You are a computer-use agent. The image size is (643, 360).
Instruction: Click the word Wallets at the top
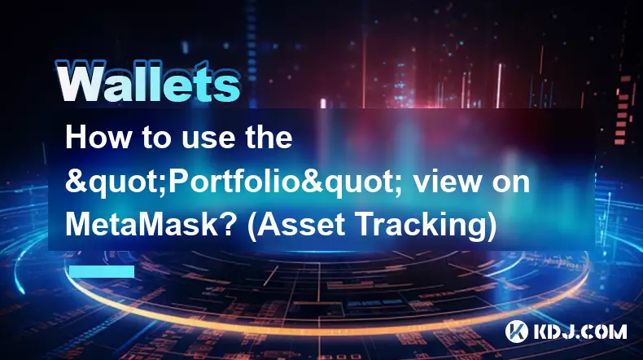(x=147, y=82)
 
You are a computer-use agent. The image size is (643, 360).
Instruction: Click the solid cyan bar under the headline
(x=102, y=272)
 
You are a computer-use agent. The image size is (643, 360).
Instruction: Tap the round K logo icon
(x=516, y=331)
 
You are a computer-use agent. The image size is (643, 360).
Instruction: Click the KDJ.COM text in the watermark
(x=580, y=331)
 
